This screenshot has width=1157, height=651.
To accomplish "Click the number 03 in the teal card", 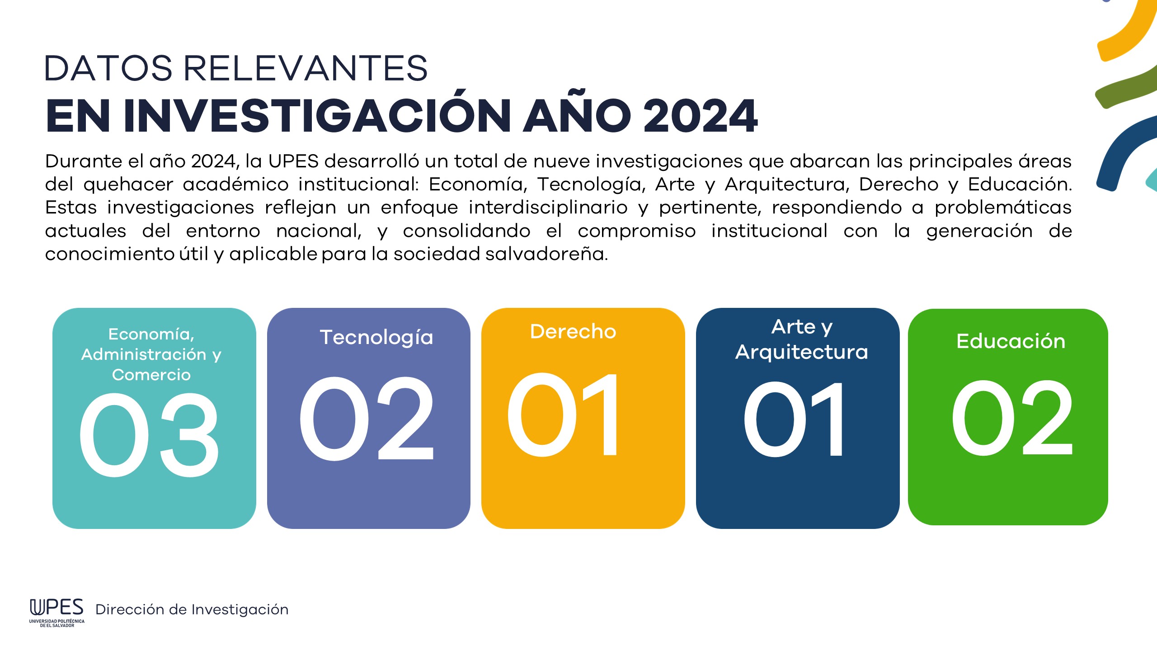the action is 149,435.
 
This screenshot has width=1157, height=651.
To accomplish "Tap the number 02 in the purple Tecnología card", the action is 367,419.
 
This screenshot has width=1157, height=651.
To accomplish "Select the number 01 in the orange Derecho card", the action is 562,415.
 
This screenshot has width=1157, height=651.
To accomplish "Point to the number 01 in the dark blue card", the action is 793,419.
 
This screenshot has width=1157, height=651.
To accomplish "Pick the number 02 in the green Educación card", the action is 1012,418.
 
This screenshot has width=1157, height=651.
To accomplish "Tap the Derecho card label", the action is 573,331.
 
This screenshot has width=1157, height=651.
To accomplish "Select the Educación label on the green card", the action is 1011,341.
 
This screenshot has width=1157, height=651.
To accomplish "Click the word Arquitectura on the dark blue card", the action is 802,352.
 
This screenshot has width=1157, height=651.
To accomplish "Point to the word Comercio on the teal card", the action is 151,375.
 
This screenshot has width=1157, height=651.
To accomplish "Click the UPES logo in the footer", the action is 57,613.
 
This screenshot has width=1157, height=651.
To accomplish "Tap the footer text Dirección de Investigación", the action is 192,609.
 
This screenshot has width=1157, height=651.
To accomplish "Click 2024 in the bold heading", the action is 701,116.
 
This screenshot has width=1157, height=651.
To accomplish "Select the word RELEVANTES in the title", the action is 306,68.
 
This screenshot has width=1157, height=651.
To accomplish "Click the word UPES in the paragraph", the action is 293,161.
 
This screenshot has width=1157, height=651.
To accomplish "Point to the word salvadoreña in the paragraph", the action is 546,254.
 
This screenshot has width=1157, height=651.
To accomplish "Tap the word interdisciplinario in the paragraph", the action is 548,208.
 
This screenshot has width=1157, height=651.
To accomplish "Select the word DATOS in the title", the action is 108,68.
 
